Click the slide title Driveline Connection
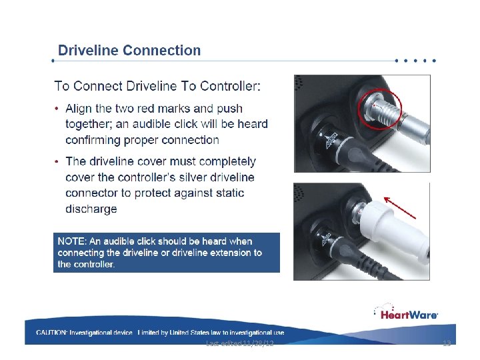coord(129,50)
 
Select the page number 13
coord(447,343)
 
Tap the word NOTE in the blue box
coord(70,241)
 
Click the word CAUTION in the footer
coord(51,333)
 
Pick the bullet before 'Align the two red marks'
coord(57,108)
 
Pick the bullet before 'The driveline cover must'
coord(57,161)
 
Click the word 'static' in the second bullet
coord(230,193)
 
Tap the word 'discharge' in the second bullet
coord(91,209)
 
